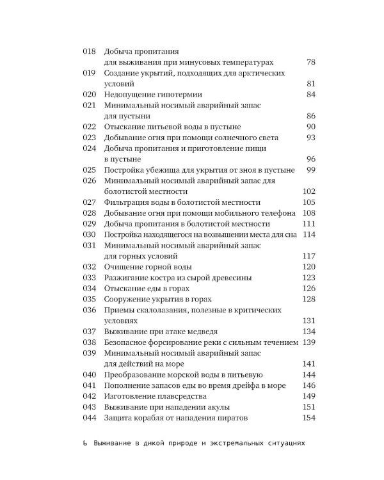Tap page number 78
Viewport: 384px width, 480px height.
pyautogui.click(x=312, y=62)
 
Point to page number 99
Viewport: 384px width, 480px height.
pyautogui.click(x=312, y=170)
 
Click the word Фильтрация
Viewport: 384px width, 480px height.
pyautogui.click(x=128, y=202)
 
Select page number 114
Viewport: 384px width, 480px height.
pyautogui.click(x=310, y=235)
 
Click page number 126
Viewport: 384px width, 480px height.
pyautogui.click(x=310, y=289)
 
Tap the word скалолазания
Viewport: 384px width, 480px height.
pyautogui.click(x=169, y=310)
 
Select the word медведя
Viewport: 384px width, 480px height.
pyautogui.click(x=216, y=332)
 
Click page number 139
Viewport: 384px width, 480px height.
pyautogui.click(x=310, y=342)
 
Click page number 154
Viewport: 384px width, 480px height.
pyautogui.click(x=310, y=418)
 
